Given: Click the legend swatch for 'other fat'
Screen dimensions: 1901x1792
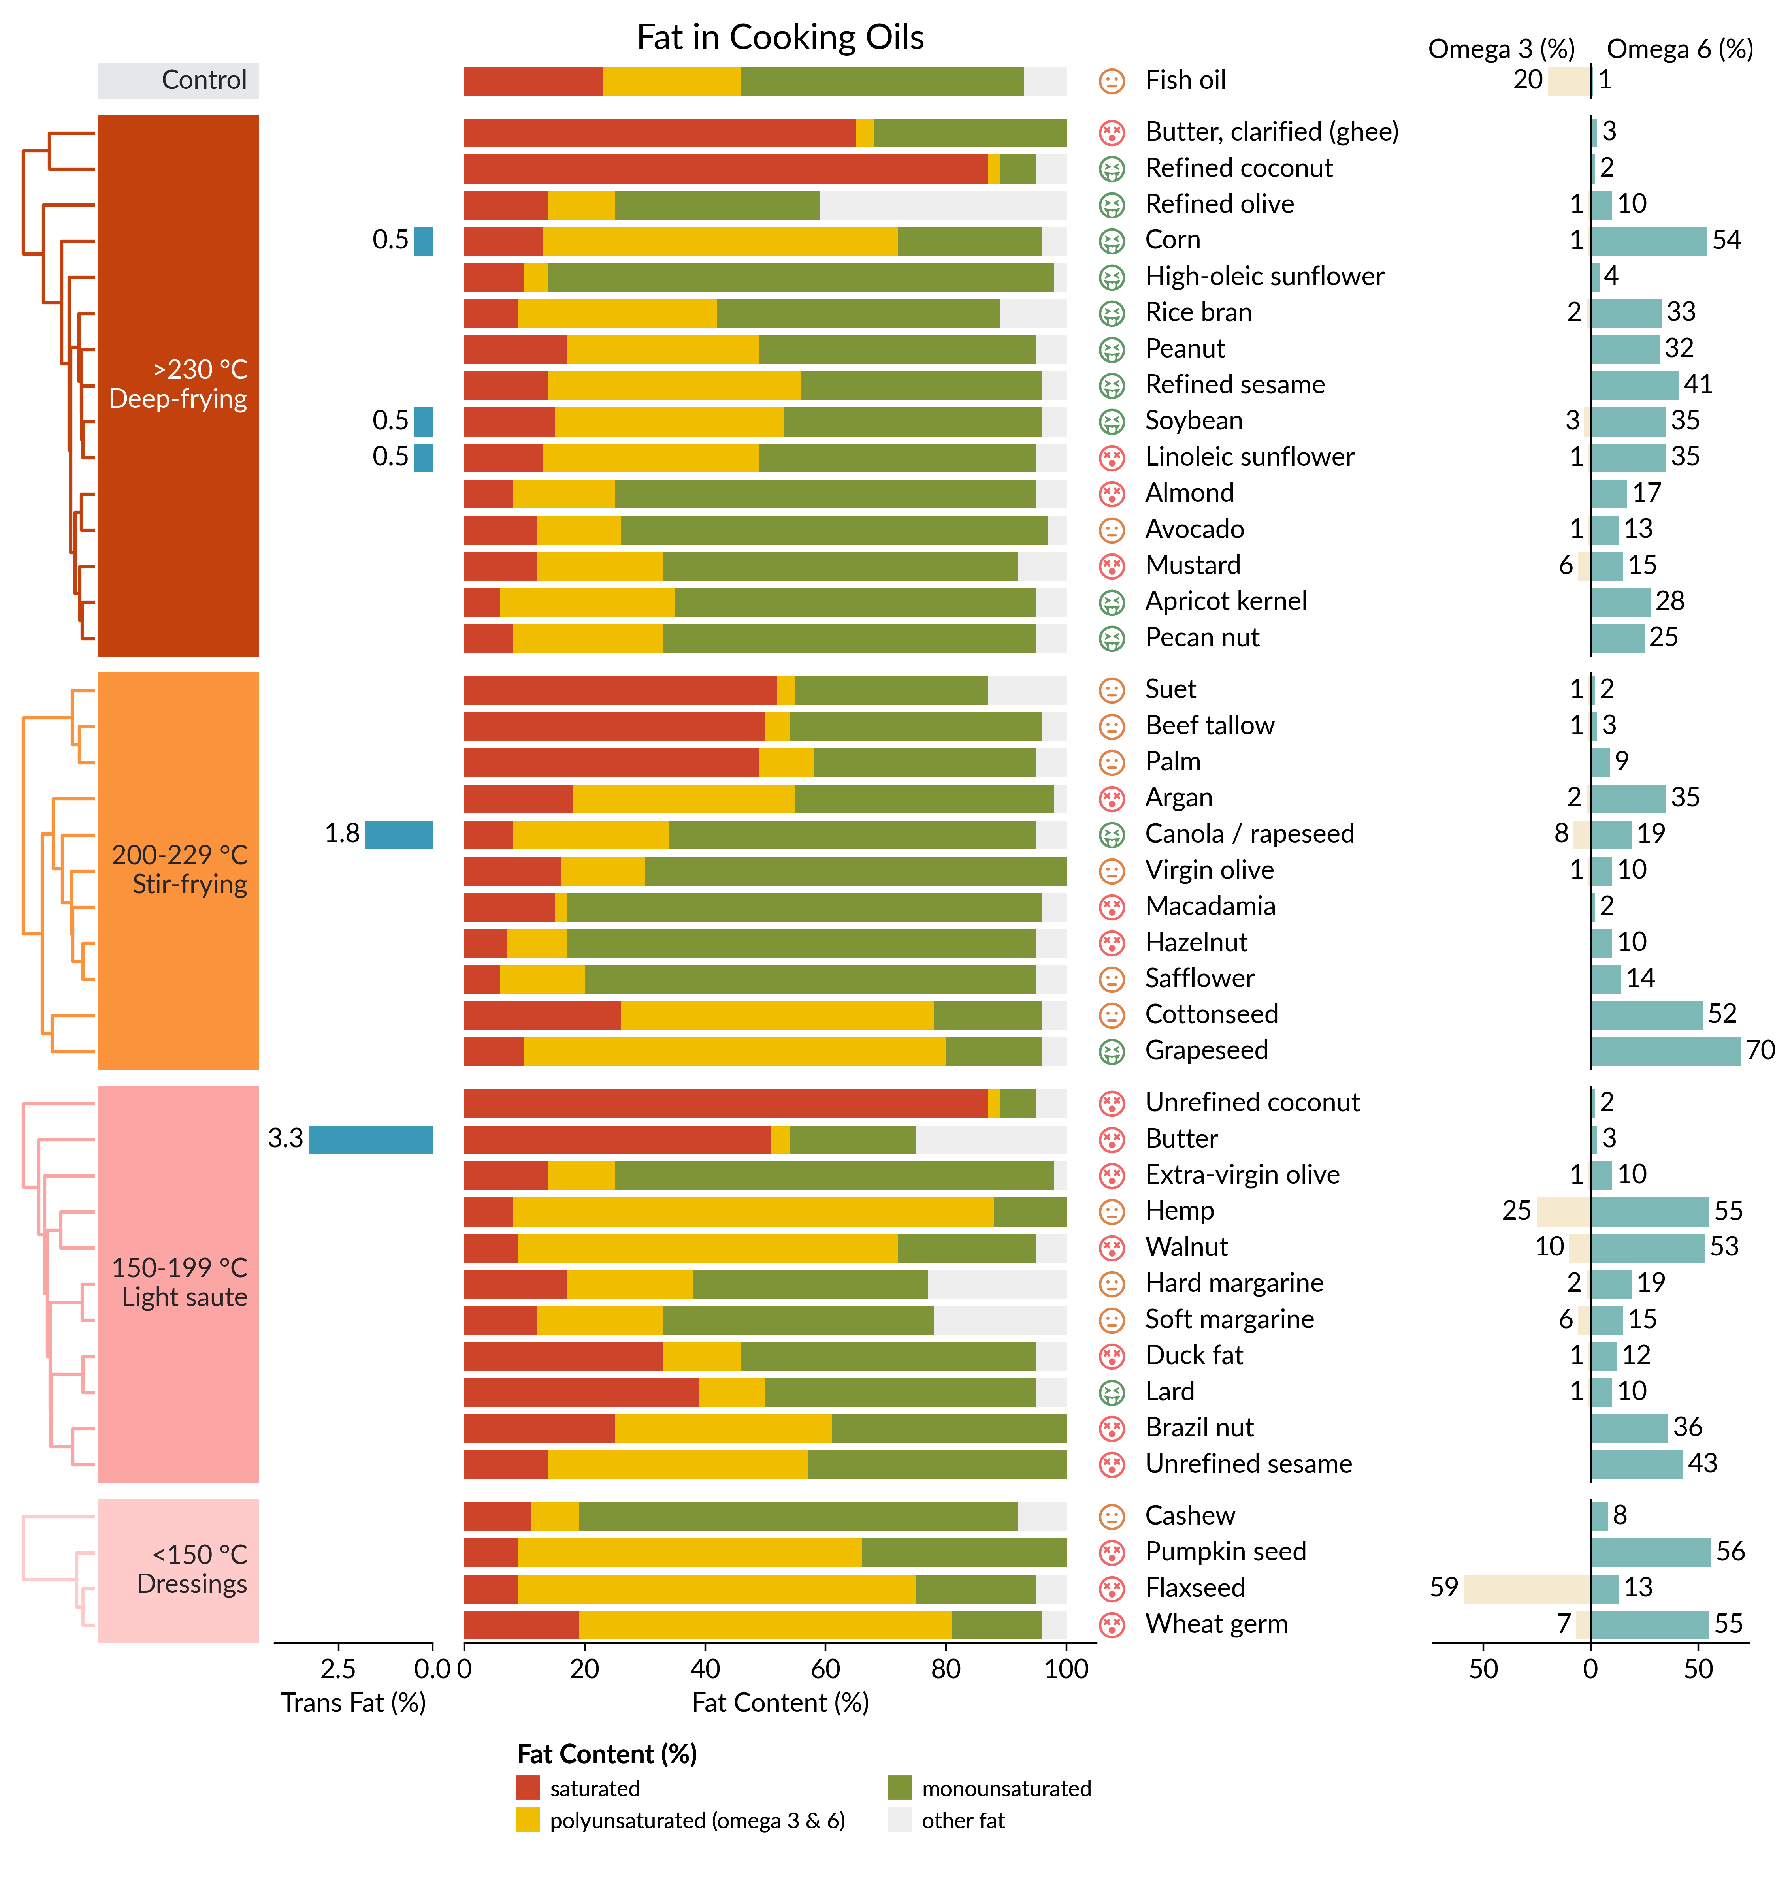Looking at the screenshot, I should (x=900, y=1820).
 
